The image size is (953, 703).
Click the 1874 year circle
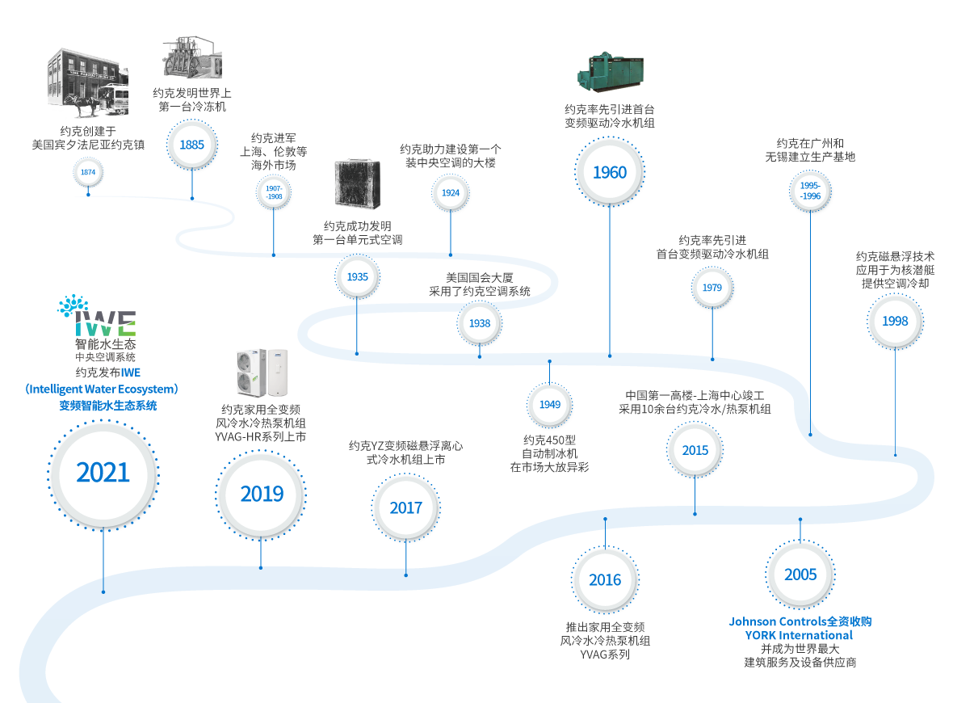(x=88, y=172)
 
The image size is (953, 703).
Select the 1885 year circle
(x=192, y=145)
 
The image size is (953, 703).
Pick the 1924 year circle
(x=451, y=193)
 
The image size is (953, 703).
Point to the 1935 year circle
(x=358, y=276)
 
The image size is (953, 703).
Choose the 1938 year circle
(x=480, y=323)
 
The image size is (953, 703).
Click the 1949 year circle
(x=550, y=404)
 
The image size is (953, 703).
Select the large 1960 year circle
(x=610, y=172)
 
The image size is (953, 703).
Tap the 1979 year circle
(x=712, y=288)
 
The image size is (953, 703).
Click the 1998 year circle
(x=895, y=321)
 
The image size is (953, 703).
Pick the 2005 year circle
(x=800, y=575)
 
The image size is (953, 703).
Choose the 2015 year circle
(x=695, y=450)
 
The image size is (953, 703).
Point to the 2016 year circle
(x=605, y=579)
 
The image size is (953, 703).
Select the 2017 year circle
(x=406, y=507)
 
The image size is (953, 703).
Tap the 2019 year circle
(x=262, y=493)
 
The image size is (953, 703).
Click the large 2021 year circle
(x=103, y=472)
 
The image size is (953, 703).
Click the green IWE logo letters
(x=106, y=324)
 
